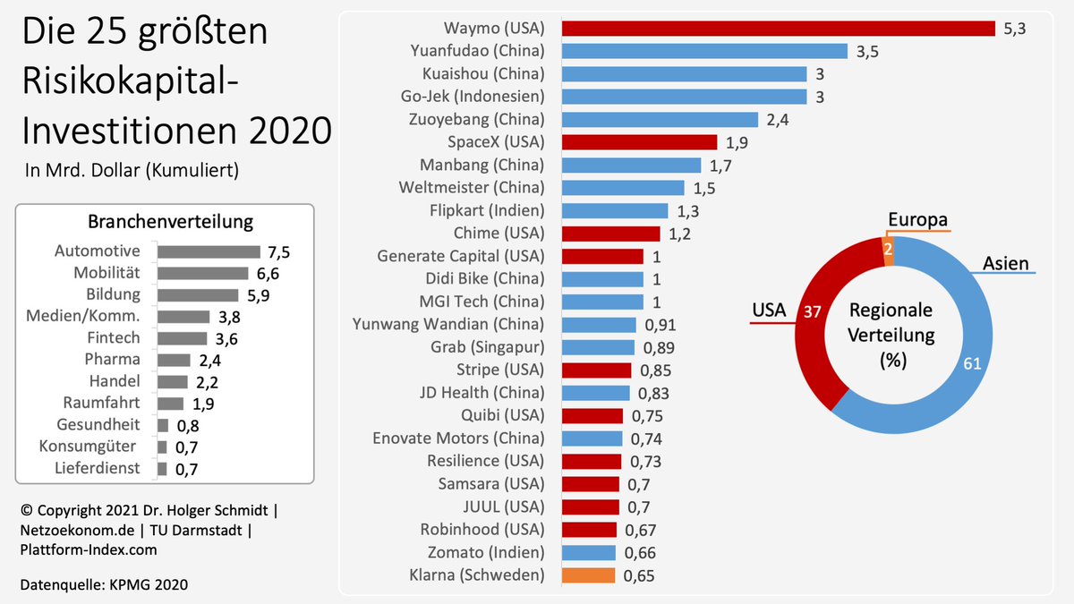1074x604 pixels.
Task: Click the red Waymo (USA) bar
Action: point(778,28)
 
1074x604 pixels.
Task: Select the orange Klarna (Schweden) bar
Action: point(588,575)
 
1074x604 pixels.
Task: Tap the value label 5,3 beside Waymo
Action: point(1014,29)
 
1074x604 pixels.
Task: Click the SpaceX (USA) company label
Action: point(495,142)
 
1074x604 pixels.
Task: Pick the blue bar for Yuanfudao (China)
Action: point(704,51)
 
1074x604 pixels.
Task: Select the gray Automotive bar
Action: point(209,252)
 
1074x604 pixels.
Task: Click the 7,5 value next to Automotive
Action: point(278,252)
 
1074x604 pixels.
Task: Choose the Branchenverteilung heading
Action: point(170,222)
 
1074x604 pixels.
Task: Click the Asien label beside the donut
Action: point(1005,263)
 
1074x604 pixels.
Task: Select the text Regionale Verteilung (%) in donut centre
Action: point(891,336)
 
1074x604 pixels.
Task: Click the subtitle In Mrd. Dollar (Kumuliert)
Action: point(132,170)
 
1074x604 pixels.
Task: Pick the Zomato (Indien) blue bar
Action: point(589,552)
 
